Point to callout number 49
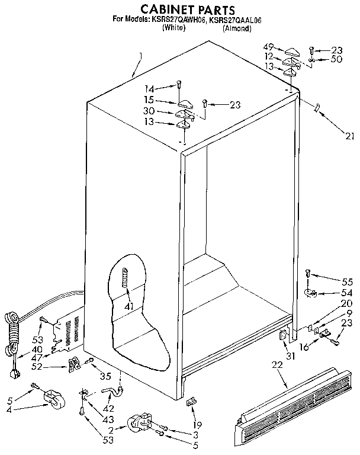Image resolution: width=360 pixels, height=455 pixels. click(x=269, y=47)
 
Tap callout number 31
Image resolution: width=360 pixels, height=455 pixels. click(x=291, y=355)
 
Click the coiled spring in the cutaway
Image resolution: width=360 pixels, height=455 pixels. click(x=125, y=275)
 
